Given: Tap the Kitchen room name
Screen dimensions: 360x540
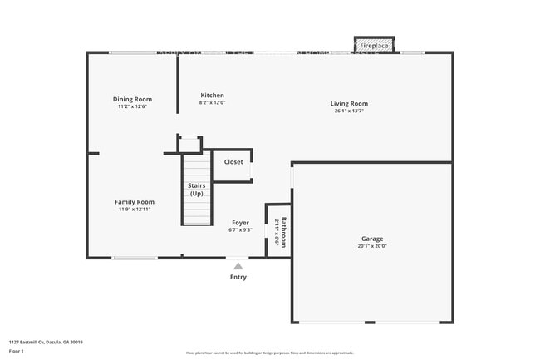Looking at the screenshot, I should click(x=212, y=96).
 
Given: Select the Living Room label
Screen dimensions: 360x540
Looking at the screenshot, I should click(x=350, y=104).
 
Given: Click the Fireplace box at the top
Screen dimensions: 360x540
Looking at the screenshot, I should click(x=376, y=45).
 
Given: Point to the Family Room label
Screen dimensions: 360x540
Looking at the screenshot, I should click(x=135, y=202).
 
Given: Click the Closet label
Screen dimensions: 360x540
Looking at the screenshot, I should click(x=233, y=162).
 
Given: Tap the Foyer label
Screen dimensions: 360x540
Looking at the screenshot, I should click(x=239, y=223).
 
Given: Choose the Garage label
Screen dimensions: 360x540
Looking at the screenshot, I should click(x=372, y=238).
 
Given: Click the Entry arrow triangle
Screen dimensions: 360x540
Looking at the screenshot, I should click(x=238, y=266).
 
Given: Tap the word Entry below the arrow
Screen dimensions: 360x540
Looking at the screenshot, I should click(x=238, y=278).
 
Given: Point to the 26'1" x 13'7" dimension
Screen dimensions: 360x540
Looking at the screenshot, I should click(x=350, y=111).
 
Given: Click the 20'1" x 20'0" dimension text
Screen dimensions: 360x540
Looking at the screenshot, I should click(x=372, y=245).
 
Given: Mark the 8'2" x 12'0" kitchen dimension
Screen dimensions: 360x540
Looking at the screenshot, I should click(x=212, y=103).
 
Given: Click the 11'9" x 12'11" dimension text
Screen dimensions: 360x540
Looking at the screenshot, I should click(x=135, y=210).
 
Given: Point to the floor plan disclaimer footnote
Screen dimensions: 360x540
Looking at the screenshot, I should click(x=269, y=353).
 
